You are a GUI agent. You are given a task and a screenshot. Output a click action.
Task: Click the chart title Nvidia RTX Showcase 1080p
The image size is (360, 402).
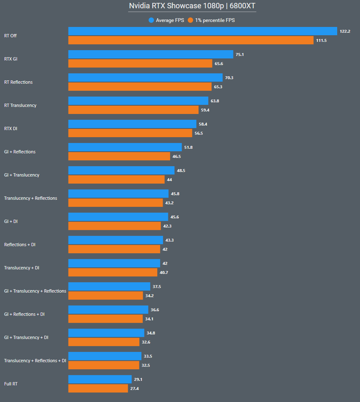192,6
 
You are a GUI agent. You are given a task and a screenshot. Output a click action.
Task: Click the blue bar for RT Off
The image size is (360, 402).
202,31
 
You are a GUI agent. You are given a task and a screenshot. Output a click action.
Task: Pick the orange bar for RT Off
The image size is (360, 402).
191,40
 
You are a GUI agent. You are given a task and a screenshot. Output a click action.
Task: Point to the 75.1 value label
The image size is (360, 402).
240,54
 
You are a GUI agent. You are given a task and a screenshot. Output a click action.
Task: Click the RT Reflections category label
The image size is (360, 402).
18,82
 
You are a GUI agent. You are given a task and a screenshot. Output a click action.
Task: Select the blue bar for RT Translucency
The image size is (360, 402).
138,101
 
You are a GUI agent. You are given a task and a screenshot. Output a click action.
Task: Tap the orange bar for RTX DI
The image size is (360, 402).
130,133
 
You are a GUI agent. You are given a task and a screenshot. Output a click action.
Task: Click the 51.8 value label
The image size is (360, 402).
188,147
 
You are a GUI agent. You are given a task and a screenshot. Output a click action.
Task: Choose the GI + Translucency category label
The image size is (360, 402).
22,175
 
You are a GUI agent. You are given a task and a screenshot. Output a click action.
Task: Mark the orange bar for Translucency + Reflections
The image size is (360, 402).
115,203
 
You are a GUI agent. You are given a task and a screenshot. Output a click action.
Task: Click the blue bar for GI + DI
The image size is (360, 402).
118,217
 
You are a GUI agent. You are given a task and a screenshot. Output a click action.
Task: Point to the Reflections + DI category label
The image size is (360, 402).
19,245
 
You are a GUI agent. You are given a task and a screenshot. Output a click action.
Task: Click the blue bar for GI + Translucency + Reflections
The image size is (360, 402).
109,286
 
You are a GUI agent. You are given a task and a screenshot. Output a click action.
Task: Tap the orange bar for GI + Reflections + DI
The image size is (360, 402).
105,319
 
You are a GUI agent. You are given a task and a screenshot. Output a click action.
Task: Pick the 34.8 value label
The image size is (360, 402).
151,333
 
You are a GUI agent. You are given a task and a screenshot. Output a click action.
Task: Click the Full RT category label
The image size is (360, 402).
11,384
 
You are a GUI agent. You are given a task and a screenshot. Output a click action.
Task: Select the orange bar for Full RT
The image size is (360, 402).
98,388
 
